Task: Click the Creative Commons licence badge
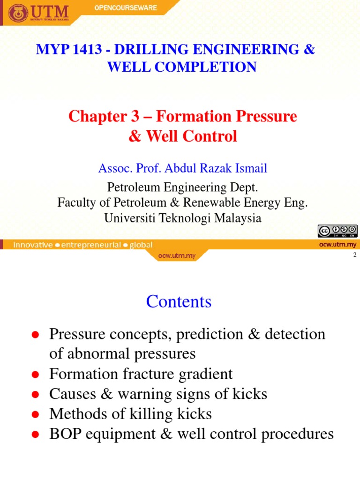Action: [x=337, y=231]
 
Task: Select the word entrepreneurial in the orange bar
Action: [x=91, y=245]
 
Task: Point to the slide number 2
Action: [x=354, y=255]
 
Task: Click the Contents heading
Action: [x=179, y=301]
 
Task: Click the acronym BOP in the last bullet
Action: [x=64, y=434]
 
